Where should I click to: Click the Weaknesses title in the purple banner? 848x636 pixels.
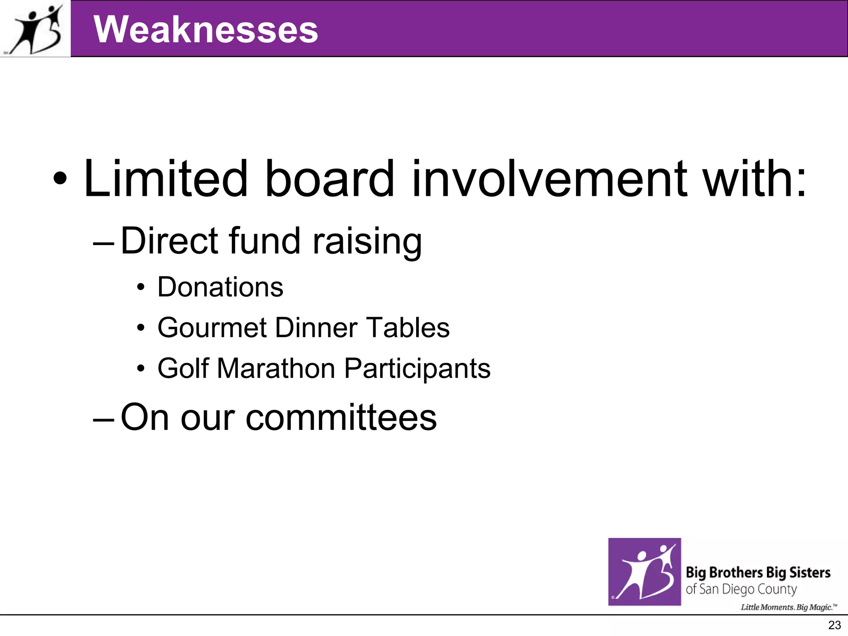pyautogui.click(x=206, y=29)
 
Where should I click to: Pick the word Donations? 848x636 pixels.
pyautogui.click(x=220, y=287)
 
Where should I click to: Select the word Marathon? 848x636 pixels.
pyautogui.click(x=276, y=368)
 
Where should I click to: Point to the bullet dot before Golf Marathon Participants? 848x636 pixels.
pyautogui.click(x=141, y=368)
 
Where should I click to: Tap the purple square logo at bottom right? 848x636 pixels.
pyautogui.click(x=644, y=572)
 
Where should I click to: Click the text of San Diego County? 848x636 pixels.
pyautogui.click(x=741, y=589)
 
